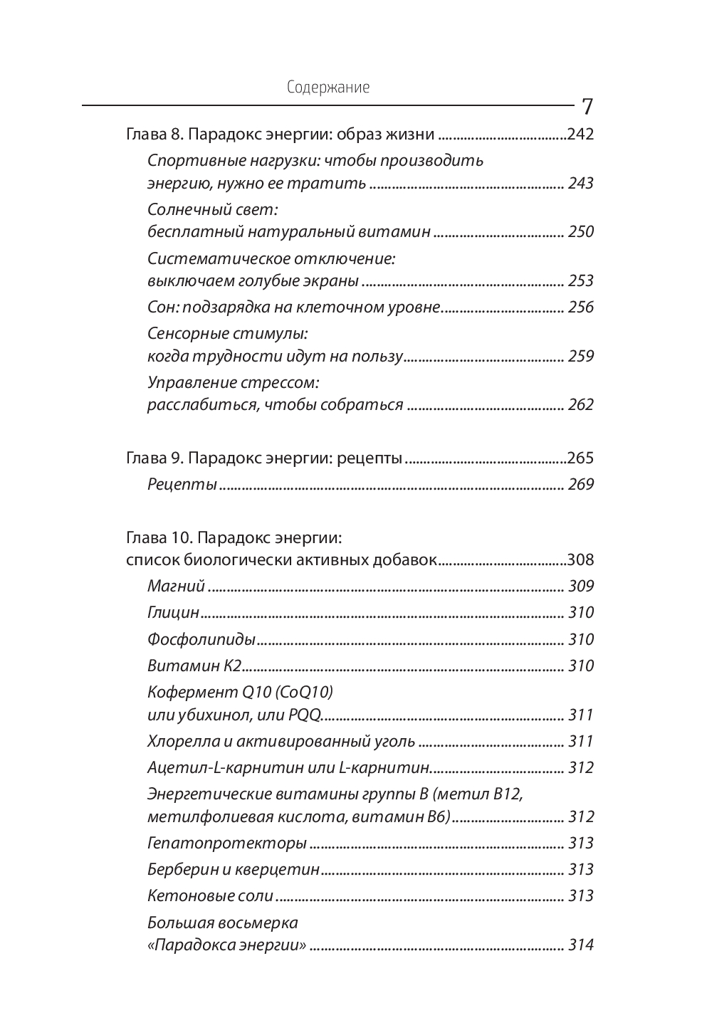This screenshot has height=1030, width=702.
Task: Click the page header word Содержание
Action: click(328, 88)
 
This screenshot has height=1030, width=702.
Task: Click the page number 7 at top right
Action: click(587, 107)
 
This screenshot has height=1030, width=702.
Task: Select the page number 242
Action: click(580, 134)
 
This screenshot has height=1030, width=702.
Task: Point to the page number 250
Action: click(581, 231)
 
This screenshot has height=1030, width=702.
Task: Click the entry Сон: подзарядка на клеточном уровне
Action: click(294, 307)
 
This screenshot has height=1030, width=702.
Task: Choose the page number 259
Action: click(581, 356)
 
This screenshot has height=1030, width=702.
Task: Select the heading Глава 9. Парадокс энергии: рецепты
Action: click(264, 458)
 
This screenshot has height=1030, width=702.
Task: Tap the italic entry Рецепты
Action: click(182, 485)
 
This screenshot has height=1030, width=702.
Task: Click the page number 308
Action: click(580, 559)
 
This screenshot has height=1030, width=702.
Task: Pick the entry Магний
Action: click(176, 586)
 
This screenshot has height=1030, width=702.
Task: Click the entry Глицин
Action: click(173, 612)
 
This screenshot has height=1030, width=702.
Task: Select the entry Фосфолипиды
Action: click(201, 639)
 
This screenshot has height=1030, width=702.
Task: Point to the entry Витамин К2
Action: click(194, 666)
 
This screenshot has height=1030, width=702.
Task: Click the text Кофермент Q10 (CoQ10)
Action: click(240, 692)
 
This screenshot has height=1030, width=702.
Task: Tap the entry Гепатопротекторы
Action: click(227, 843)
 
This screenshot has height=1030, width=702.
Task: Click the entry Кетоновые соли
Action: click(210, 895)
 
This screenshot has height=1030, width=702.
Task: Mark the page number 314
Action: click(581, 945)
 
